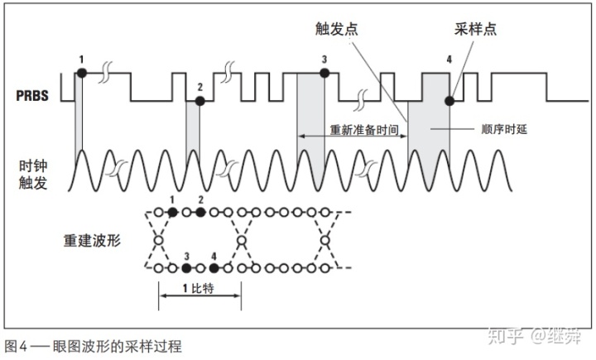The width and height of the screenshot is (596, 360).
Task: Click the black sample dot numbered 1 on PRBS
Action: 81,74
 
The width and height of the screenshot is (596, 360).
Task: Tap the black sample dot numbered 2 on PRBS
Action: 199,100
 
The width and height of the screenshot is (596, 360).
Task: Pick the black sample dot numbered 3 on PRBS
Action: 324,74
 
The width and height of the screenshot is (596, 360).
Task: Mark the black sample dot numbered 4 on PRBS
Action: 449,100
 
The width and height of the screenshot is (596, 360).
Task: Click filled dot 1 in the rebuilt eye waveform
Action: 172,213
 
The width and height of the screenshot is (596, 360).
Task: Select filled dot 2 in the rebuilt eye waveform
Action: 199,213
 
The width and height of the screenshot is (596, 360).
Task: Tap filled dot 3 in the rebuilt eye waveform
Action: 186,268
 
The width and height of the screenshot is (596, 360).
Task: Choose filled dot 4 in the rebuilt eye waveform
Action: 214,268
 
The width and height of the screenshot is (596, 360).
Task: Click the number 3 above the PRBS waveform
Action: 324,59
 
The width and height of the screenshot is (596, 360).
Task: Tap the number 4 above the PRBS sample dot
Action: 449,60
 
